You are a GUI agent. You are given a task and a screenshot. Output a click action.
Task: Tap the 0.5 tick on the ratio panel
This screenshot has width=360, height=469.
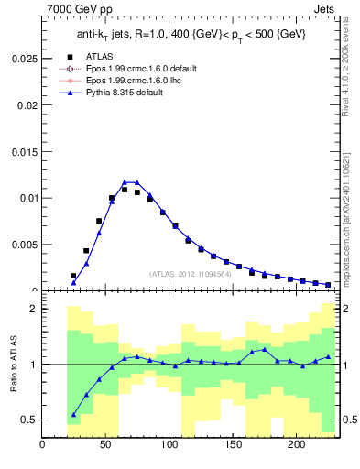(29, 420)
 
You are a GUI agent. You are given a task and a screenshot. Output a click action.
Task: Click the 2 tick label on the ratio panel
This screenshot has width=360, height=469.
(33, 309)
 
